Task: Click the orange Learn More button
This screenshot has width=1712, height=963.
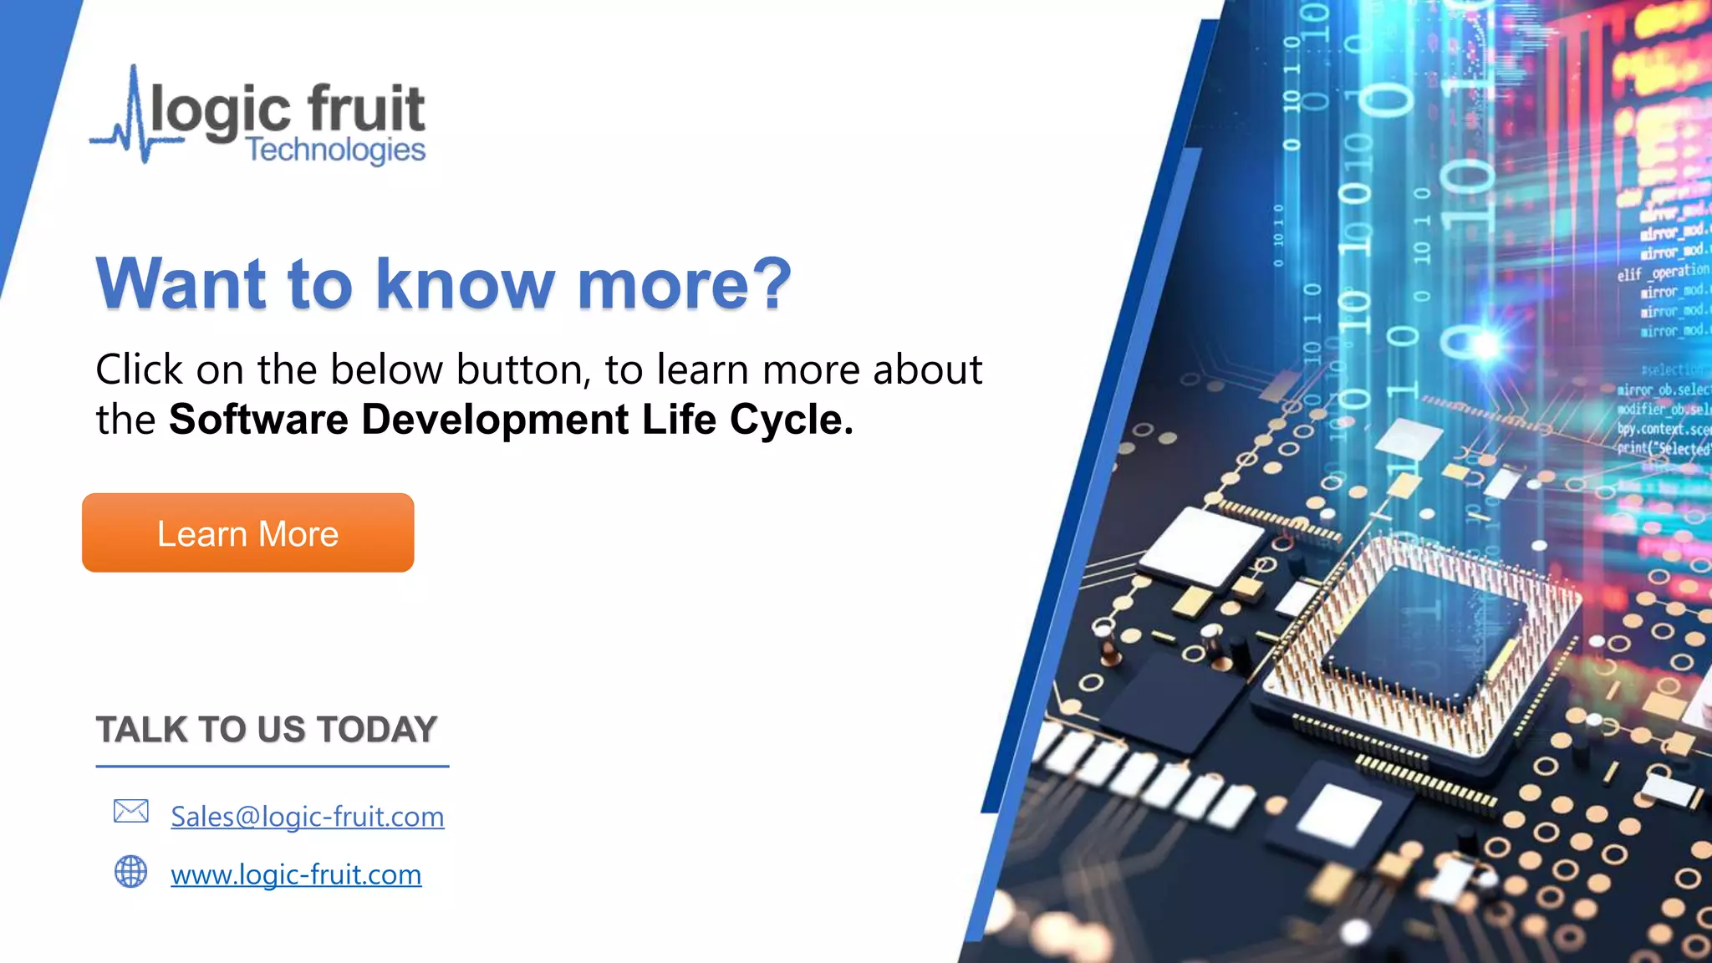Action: coord(247,533)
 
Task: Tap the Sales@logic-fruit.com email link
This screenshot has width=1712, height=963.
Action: coord(307,817)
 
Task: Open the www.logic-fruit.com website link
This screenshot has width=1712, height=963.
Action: coord(296,874)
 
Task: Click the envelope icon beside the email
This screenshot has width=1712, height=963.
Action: coord(131,811)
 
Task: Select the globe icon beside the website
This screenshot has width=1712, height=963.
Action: coord(130,871)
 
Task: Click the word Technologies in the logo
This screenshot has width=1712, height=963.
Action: coord(335,150)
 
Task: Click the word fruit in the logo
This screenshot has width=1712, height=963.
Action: coord(366,109)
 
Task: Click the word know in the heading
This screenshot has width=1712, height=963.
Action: coord(465,284)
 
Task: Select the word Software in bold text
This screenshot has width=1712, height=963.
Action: coord(258,420)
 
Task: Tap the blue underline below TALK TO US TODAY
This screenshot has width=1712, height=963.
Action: coord(272,766)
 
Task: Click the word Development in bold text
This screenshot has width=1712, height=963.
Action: coord(495,420)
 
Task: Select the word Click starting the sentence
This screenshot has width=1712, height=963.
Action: coord(139,369)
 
